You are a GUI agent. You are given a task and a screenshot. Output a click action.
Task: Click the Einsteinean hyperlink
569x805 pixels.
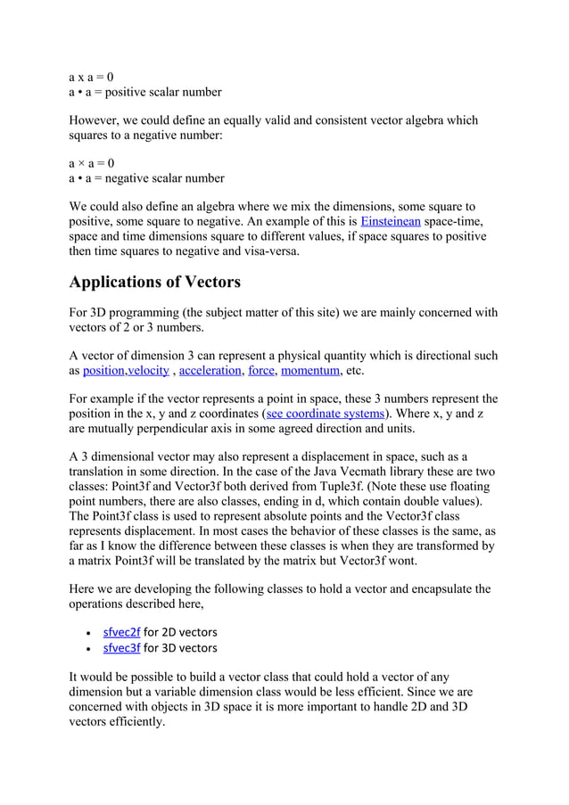pos(391,221)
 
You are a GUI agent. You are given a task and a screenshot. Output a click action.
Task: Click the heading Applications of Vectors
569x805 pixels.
pos(155,283)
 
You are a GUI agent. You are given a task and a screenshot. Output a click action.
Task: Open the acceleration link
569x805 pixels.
pos(210,370)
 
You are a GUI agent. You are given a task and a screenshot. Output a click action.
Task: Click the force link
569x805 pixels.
pos(261,370)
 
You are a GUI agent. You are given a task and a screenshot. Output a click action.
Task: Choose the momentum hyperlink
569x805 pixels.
pos(310,370)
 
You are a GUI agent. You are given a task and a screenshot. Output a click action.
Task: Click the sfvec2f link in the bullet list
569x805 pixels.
pos(122,632)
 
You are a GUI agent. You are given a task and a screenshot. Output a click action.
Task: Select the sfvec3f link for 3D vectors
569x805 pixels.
pos(122,648)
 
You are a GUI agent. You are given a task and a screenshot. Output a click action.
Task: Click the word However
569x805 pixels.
pos(97,120)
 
